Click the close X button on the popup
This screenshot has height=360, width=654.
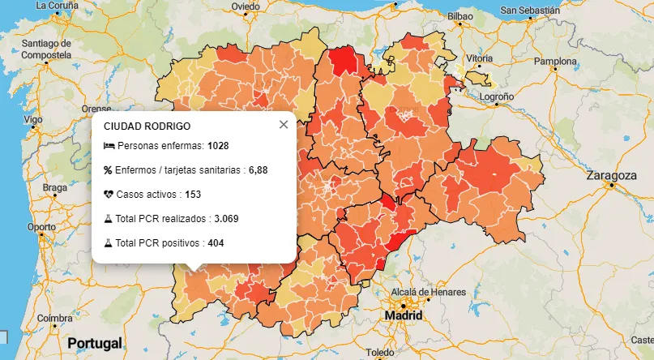tap(283, 125)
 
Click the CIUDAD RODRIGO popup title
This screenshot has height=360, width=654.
tap(147, 126)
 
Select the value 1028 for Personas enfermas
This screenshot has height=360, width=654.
tap(218, 147)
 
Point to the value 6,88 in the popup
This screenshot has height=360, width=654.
tap(258, 170)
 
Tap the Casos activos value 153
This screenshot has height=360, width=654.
tap(192, 195)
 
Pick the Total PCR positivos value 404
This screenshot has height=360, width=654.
tap(216, 243)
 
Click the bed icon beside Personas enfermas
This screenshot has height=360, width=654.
tap(109, 147)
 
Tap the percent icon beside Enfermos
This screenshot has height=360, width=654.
tap(109, 170)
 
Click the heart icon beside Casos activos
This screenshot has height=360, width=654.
tap(109, 195)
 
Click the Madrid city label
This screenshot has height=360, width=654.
tap(403, 315)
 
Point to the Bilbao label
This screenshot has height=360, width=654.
tap(460, 15)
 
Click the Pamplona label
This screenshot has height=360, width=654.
tap(554, 61)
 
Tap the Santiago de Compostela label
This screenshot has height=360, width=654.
tap(47, 48)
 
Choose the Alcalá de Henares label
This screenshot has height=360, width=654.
tap(429, 292)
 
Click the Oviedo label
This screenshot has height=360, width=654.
tap(246, 6)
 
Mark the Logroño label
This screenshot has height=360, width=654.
tap(497, 96)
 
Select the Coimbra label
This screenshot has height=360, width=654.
tap(55, 318)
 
